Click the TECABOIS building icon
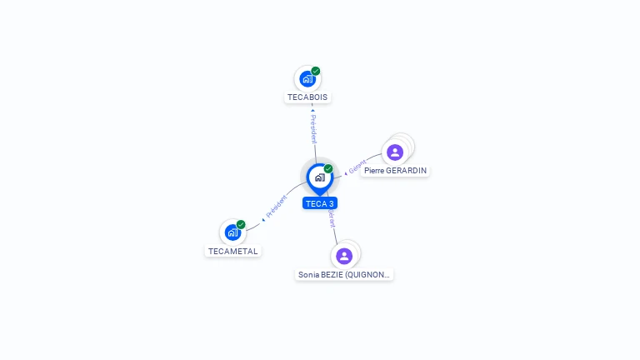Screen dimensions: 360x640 coord(307,79)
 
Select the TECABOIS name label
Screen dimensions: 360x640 coord(308,97)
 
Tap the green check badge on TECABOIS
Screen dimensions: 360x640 coord(316,72)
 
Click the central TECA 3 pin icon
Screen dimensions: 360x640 coord(319,177)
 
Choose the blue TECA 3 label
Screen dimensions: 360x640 coord(320,203)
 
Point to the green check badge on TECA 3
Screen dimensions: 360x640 coord(328,169)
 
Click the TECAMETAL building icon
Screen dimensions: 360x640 coord(232,232)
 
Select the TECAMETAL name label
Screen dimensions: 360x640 coord(233,251)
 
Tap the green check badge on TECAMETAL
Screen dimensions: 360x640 coord(241,225)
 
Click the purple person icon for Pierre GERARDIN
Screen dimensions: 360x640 coord(395,152)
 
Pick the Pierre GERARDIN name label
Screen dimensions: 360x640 coord(396,171)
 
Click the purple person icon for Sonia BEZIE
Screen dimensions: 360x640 coord(344,256)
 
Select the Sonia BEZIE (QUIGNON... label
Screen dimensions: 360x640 coord(344,274)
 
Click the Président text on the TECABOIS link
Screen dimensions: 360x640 coord(313,129)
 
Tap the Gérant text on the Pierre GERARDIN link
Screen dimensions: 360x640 coord(357,166)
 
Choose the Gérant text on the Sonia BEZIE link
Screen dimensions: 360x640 coord(332,217)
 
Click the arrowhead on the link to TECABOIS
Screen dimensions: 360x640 coord(312,109)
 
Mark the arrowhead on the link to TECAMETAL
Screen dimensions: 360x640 coord(263,219)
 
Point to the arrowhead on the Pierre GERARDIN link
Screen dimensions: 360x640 coord(346,173)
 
